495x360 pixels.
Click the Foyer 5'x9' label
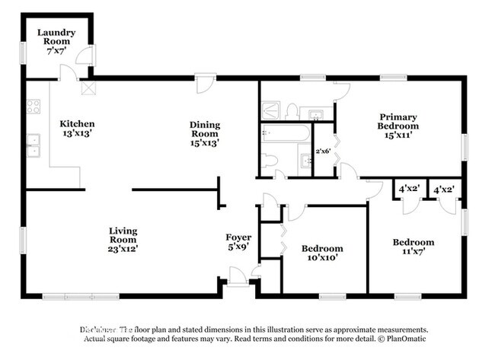pos(238,242)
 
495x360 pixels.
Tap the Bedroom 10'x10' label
pos(322,253)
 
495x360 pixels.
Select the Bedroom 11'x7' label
pos(413,247)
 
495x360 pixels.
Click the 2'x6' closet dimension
pos(324,150)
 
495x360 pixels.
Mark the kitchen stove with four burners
pos(34,107)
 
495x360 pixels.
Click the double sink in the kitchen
pos(34,145)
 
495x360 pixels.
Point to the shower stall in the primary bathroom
pos(272,110)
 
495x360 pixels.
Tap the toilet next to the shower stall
pos(292,111)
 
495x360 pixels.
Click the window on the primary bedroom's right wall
pos(465,146)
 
